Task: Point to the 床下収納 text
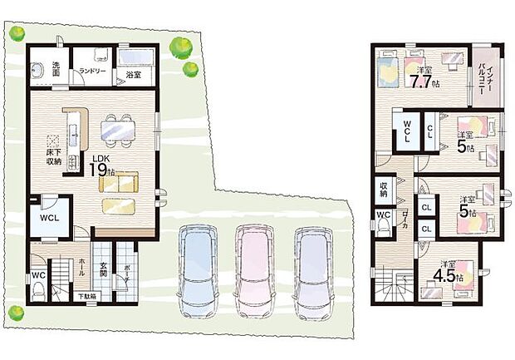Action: coord(54,158)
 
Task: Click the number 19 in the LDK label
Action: coord(99,170)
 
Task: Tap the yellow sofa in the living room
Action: coord(119,183)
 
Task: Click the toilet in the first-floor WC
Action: coord(38,292)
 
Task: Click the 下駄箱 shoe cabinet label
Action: coord(87,297)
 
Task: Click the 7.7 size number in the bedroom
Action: coord(420,81)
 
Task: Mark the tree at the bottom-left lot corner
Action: coord(17,313)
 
